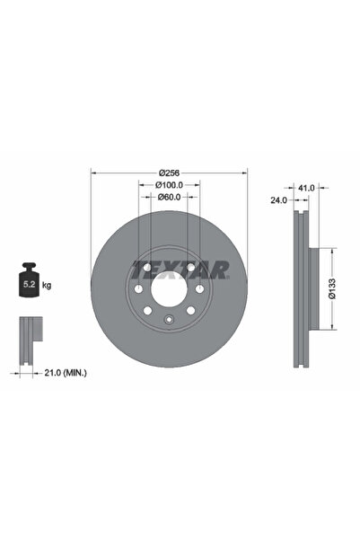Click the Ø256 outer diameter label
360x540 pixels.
click(x=170, y=173)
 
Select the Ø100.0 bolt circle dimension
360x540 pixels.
click(x=170, y=185)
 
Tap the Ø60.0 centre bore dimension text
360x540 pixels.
click(x=170, y=197)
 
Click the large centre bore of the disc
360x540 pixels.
click(x=169, y=288)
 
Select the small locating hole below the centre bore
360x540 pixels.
click(x=169, y=322)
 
